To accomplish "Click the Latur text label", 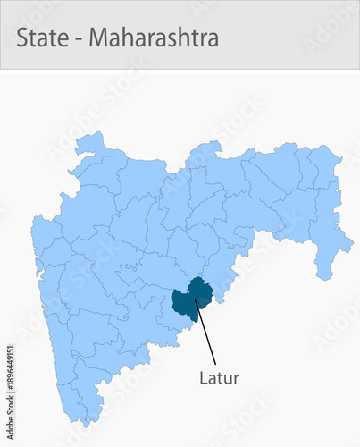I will point(219,377).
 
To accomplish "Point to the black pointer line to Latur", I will point(205,331).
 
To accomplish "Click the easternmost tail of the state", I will point(350,241).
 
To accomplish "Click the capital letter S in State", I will point(22,39).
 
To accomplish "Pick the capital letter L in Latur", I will point(203,377).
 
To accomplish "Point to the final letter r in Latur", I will point(237,379).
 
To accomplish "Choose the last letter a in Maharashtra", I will point(213,41).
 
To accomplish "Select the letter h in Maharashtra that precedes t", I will point(184,39).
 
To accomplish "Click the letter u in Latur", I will point(229,379).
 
